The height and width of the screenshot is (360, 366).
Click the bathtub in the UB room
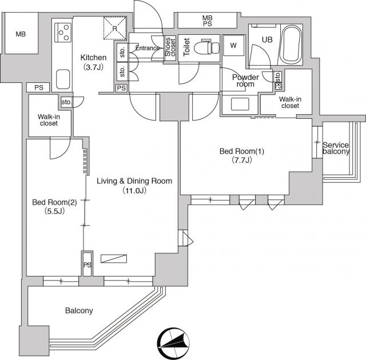pos(291,45)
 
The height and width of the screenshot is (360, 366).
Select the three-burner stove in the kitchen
pos(63,33)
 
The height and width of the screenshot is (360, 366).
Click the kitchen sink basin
pos(63,79)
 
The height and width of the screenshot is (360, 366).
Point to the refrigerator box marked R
pos(115,28)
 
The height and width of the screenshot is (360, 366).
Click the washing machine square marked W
pos(233,46)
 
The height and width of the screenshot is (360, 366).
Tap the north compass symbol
pos(173,343)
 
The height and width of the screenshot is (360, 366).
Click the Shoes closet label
pos(170,47)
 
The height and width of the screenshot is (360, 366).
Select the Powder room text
pos(245,81)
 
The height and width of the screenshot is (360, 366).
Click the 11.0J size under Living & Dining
pos(134,191)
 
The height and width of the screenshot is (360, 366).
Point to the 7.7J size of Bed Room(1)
pos(241,160)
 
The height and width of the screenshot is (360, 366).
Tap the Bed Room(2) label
pos(54,202)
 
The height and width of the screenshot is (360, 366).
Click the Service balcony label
pos(336,149)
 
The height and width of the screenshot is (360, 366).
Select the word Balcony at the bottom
pos(79,310)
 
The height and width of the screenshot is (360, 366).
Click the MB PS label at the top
pos(207,21)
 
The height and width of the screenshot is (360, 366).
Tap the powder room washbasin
pos(240,104)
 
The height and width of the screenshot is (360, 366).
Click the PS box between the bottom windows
pos(87,264)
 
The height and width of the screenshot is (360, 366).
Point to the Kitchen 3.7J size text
pos(93,67)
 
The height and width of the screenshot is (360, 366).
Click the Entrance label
pos(148,48)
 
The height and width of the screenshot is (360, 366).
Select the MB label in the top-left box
pos(21,34)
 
